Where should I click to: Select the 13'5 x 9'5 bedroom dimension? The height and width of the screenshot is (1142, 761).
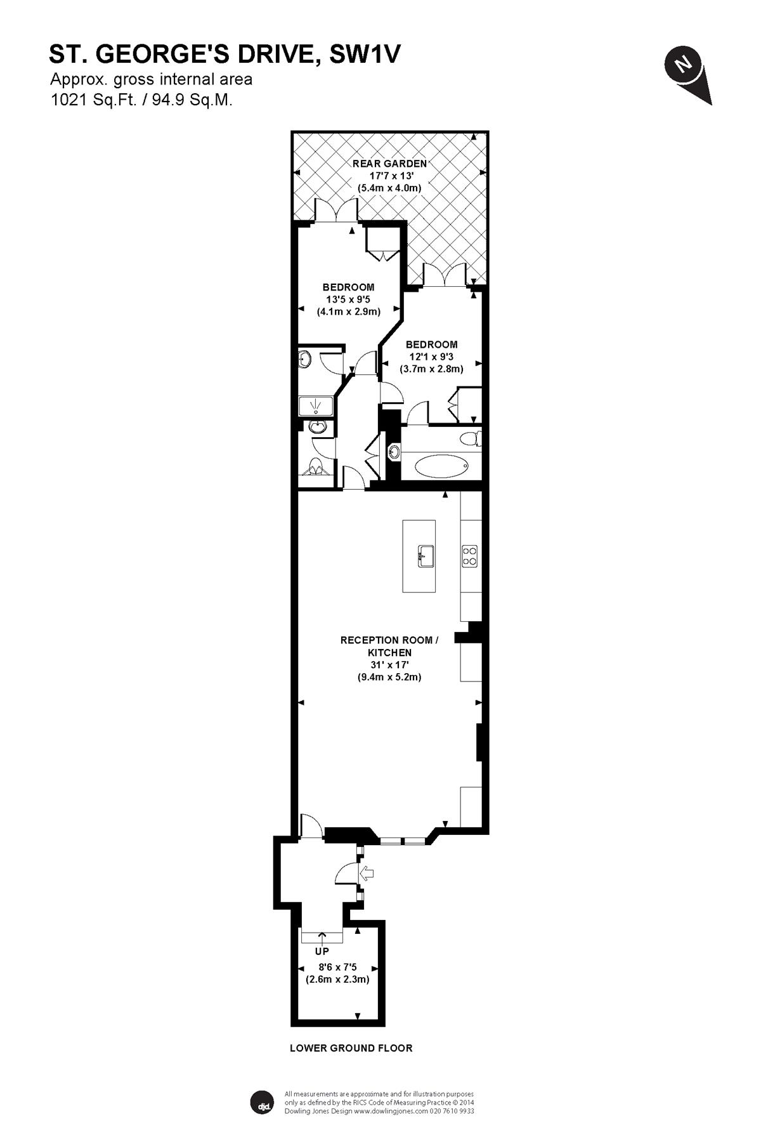pos(348,299)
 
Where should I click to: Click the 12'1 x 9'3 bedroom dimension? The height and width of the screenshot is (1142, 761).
pos(431,357)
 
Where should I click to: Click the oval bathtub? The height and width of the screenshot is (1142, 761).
pos(441,468)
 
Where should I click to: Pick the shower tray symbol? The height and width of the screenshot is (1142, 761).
pos(316,406)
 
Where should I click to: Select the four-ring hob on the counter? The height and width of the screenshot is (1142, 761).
pos(470,556)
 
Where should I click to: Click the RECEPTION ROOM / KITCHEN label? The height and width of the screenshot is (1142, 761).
pos(389,646)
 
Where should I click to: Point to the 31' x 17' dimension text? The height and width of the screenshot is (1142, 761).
pos(389,665)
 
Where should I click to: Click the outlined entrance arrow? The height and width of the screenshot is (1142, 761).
pos(368,874)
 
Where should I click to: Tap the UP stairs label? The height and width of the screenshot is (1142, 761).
pos(322,952)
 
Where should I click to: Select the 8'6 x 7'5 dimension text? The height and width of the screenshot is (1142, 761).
pos(337,968)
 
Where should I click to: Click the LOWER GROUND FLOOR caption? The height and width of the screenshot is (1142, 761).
pos(351,1048)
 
